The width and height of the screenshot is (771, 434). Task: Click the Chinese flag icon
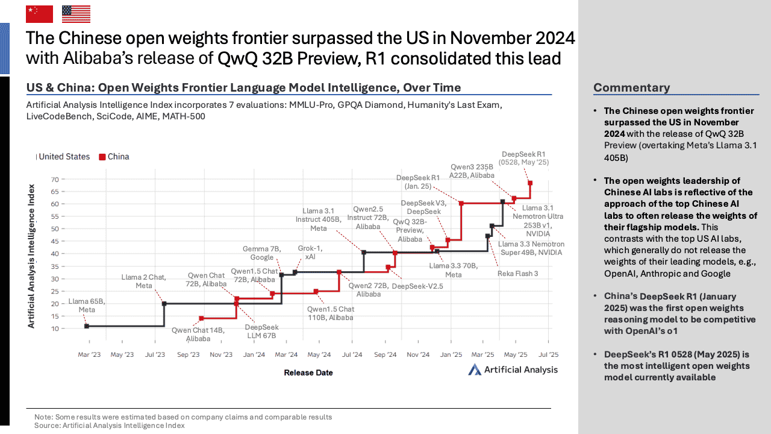[x=39, y=14]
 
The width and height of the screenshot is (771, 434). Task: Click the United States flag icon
[x=76, y=14]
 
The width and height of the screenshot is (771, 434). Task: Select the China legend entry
[x=114, y=157]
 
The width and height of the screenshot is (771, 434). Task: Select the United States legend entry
[x=64, y=157]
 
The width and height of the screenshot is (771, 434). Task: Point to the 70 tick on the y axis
[x=54, y=180]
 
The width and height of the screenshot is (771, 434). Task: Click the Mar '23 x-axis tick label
[x=89, y=355]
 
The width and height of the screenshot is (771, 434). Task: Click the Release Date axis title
[x=308, y=373]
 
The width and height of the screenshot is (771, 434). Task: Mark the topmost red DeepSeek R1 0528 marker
[x=530, y=183]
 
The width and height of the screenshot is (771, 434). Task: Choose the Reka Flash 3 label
[x=517, y=274]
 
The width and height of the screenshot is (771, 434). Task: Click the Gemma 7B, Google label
[x=262, y=253]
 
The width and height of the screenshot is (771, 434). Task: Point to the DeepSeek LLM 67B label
[x=261, y=331]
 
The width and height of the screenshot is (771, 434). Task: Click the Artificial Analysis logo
[x=513, y=370]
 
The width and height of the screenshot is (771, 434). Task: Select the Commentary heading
[x=631, y=88]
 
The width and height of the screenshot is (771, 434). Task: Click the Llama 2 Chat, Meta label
[x=143, y=281]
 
